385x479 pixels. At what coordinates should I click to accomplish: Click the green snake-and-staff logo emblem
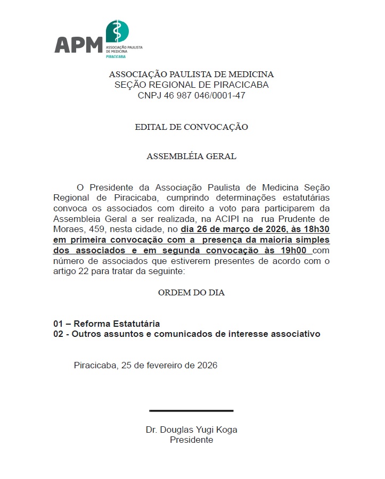coord(117,31)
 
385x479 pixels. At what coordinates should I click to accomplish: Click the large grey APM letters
coord(78,45)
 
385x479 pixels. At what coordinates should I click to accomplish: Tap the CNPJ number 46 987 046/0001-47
coord(192,95)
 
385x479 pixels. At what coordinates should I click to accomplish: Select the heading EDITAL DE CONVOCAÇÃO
coord(191,127)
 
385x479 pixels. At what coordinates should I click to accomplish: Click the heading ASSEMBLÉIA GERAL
coord(191,156)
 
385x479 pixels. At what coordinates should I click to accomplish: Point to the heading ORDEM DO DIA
coord(191,293)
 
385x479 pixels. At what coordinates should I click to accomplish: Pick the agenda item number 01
coord(59,324)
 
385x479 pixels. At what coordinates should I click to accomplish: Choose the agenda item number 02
coord(59,334)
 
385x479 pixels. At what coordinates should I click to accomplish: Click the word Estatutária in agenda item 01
coord(135,324)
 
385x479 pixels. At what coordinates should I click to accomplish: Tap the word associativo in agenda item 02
coord(294,334)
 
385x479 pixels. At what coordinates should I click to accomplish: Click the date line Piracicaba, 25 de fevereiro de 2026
coord(145,366)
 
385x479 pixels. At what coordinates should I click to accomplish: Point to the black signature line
coord(191,410)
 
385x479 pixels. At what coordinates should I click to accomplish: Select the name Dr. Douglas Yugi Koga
coord(191,430)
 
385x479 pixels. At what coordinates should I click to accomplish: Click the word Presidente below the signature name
coord(191,440)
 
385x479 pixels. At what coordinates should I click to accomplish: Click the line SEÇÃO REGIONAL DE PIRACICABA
coord(192,85)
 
